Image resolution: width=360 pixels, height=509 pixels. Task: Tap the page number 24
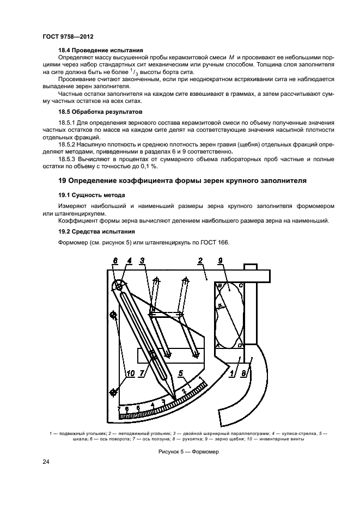tap(46, 462)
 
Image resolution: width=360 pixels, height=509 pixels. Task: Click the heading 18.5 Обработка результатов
tap(95, 111)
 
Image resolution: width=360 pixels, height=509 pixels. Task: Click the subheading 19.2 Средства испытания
tap(89, 231)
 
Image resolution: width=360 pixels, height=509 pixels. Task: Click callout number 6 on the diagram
tap(115, 261)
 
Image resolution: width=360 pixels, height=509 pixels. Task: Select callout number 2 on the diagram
tap(200, 261)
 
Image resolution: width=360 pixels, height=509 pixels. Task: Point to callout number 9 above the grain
tap(220, 261)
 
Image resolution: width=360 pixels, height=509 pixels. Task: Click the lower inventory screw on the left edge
tap(114, 391)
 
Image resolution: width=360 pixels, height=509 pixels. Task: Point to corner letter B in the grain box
tap(219, 285)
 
